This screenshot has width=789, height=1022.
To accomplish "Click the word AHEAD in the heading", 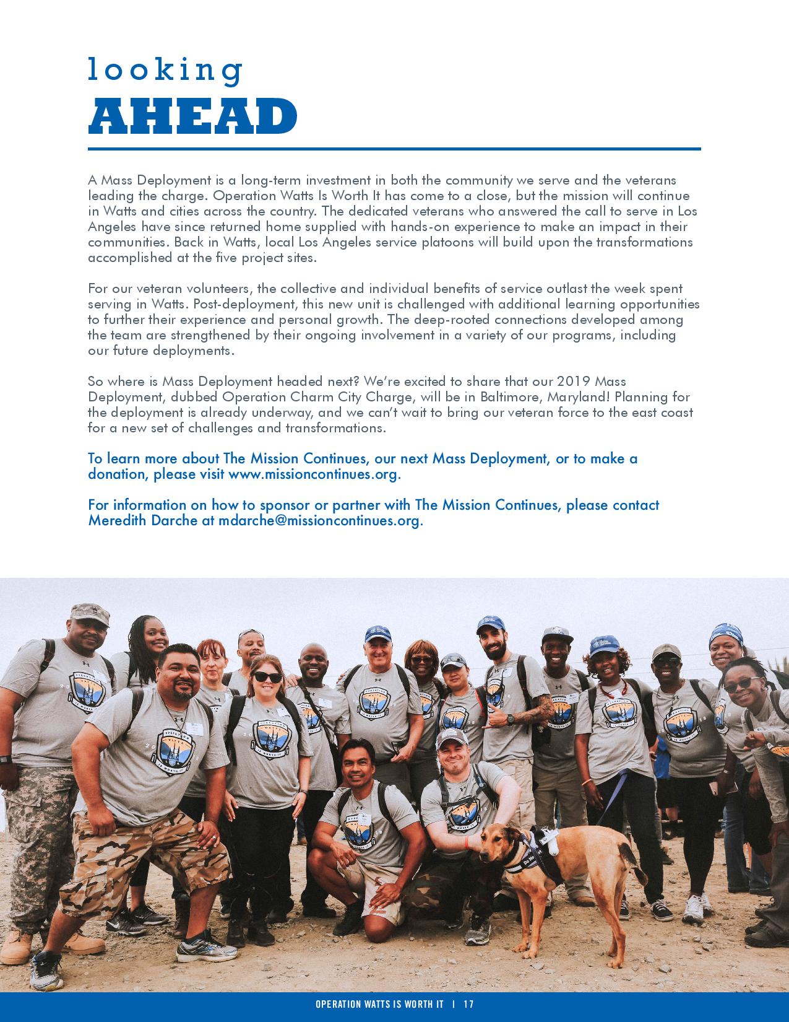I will pyautogui.click(x=192, y=116).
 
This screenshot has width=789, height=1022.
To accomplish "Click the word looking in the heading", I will pyautogui.click(x=165, y=69).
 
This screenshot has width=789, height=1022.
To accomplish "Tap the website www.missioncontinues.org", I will pyautogui.click(x=313, y=474).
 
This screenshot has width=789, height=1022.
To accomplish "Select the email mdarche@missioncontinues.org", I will pyautogui.click(x=319, y=521).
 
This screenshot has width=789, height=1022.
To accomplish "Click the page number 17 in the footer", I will pyautogui.click(x=468, y=1004).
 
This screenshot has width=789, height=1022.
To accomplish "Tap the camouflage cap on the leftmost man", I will pyautogui.click(x=89, y=612).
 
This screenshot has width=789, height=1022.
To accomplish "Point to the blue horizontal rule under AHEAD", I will pyautogui.click(x=394, y=149).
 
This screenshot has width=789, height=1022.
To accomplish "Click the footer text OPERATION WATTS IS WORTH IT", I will pyautogui.click(x=379, y=1004).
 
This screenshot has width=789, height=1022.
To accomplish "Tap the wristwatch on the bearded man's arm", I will pyautogui.click(x=510, y=719).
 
